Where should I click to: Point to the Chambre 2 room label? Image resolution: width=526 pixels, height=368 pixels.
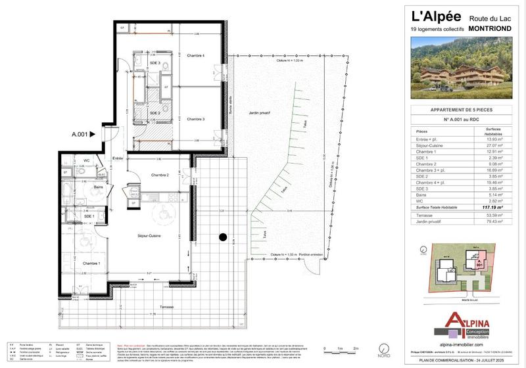[160, 175]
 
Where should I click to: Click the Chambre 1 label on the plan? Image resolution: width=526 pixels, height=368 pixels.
[91, 263]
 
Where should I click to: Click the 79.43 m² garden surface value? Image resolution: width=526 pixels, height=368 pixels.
[492, 221]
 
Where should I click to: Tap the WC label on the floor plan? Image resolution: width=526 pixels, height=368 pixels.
[86, 160]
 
